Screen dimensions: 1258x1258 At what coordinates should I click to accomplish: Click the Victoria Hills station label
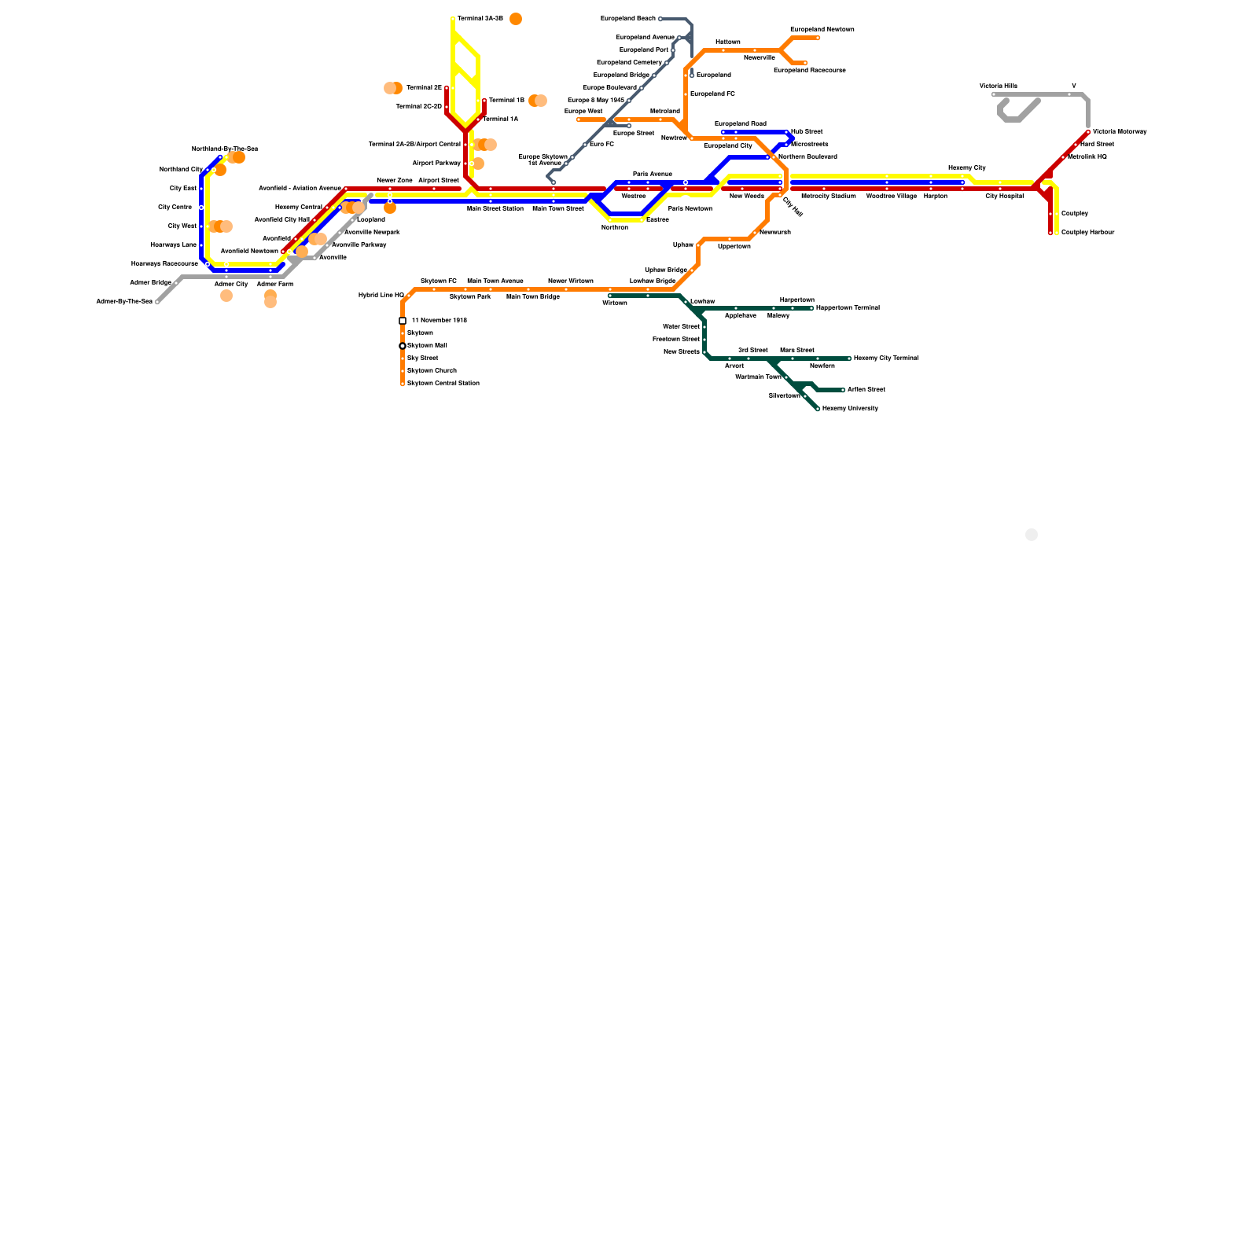(998, 86)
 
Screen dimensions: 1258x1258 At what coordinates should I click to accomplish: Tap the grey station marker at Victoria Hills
(994, 94)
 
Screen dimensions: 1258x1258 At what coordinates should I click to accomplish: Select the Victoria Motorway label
(1120, 131)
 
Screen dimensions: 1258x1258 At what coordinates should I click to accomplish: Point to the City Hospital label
(1004, 196)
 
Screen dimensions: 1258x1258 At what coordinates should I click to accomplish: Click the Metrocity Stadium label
(828, 196)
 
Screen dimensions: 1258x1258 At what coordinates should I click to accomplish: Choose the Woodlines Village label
(891, 196)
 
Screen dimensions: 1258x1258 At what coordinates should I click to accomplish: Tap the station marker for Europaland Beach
(660, 19)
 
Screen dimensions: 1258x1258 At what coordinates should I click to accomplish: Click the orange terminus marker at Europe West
(579, 120)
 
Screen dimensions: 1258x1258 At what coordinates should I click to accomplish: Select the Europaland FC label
(712, 94)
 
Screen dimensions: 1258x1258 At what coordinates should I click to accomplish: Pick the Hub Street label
(807, 131)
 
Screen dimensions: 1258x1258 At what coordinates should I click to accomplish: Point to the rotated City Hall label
(793, 207)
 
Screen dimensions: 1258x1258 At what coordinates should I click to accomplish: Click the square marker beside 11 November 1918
(403, 321)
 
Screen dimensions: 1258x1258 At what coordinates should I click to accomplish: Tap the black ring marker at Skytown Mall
(403, 346)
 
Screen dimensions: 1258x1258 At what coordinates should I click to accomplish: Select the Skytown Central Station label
(443, 383)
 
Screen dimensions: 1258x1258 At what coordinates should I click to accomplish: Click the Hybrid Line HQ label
(381, 295)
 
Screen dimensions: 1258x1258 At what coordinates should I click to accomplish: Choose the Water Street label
(681, 326)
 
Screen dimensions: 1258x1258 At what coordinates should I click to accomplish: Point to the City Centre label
(175, 207)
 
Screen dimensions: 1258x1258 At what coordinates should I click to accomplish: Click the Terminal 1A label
(500, 119)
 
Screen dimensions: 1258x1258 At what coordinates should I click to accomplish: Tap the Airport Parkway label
(436, 163)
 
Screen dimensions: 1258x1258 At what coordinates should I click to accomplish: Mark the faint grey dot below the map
(1032, 535)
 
